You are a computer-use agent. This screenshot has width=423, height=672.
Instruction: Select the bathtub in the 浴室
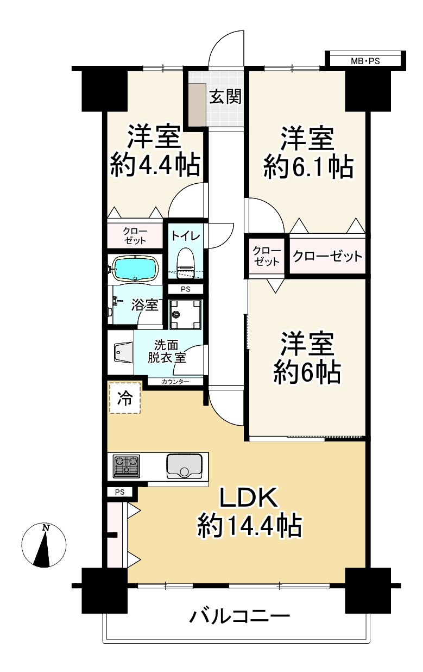[135, 268]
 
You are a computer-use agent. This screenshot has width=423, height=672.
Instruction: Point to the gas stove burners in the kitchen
[126, 465]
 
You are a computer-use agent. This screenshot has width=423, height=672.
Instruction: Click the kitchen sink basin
[184, 465]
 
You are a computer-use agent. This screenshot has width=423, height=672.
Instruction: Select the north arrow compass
[44, 545]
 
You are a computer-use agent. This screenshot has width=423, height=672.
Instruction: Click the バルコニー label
[239, 617]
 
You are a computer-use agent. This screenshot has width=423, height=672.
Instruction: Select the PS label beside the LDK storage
[120, 493]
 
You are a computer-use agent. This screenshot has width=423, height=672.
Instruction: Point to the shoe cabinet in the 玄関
[195, 103]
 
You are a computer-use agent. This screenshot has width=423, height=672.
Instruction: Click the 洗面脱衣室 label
[167, 351]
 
